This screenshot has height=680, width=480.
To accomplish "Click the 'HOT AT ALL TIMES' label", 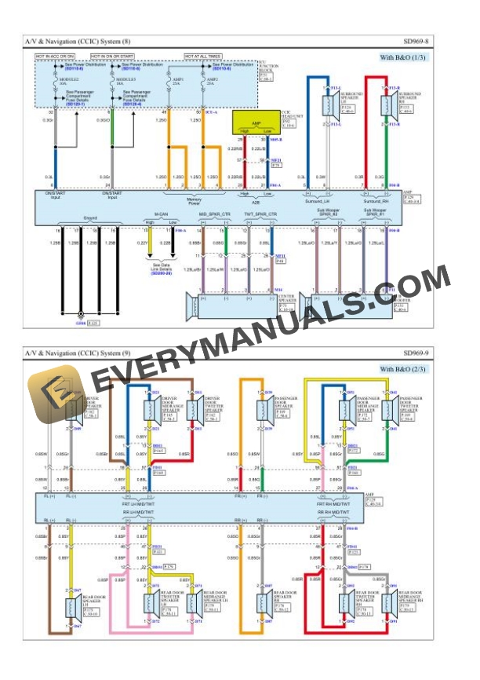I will point(203,57).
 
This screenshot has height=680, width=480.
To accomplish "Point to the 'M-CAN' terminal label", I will point(161,214).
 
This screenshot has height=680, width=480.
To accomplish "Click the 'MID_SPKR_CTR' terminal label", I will point(214,214).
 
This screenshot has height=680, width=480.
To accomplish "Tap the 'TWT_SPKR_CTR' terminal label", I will point(259,214).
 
